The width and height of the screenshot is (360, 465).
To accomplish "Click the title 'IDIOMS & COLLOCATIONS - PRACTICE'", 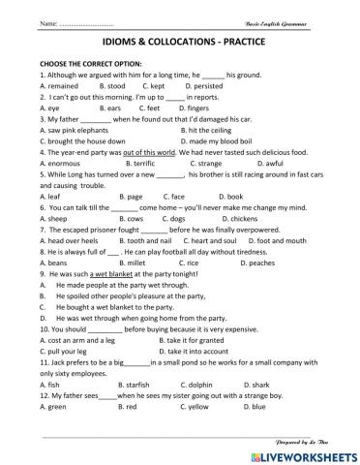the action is pyautogui.click(x=179, y=45).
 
